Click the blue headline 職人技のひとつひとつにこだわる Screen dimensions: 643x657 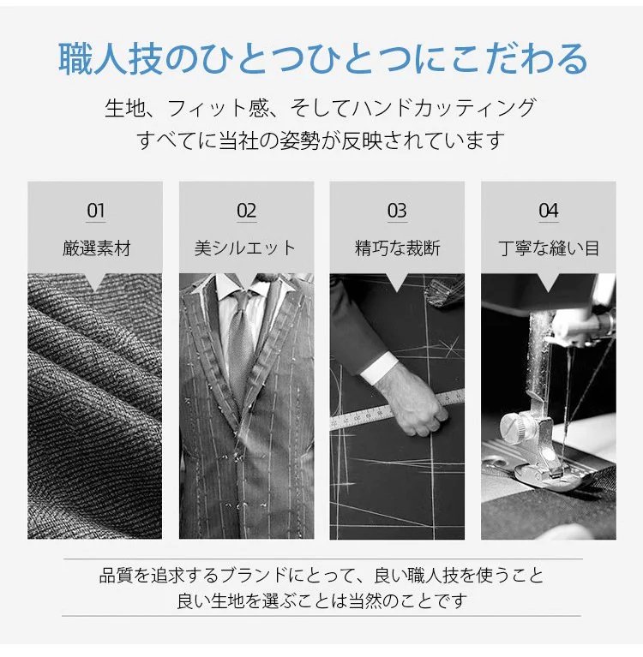click(x=322, y=59)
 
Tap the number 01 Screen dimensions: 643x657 click(x=96, y=211)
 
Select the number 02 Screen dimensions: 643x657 click(x=246, y=211)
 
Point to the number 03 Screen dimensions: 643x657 click(x=397, y=211)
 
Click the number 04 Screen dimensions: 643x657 click(x=548, y=211)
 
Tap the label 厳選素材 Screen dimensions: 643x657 click(x=97, y=248)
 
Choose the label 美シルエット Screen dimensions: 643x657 click(x=245, y=248)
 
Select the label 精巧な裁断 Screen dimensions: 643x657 click(x=397, y=248)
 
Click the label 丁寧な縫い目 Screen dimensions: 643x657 click(x=549, y=248)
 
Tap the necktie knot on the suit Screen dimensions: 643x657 click(x=243, y=300)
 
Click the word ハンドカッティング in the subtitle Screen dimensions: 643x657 click(x=444, y=108)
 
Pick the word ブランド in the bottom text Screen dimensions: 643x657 click(x=253, y=576)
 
